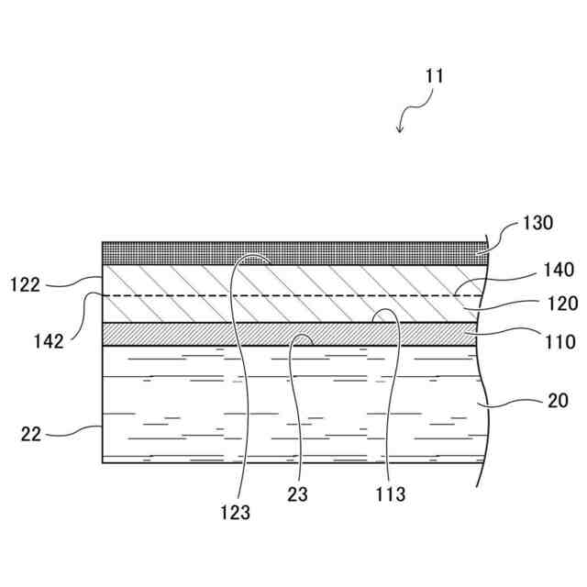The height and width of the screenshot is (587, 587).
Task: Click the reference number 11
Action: click(434, 76)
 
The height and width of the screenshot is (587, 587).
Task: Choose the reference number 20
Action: click(557, 400)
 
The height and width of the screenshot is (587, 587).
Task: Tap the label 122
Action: click(25, 285)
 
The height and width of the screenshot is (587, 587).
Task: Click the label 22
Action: click(30, 433)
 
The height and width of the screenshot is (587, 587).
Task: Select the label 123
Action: click(236, 513)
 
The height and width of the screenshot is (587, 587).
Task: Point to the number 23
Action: click(297, 494)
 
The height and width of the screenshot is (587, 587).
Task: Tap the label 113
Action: click(389, 494)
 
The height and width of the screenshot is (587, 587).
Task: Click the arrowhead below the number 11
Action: click(400, 129)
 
